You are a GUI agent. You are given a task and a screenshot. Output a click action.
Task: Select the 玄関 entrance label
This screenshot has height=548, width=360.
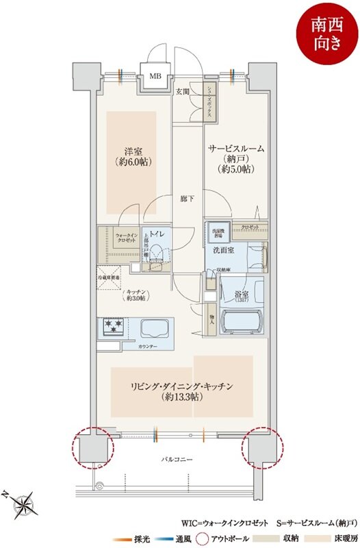coord(182,91)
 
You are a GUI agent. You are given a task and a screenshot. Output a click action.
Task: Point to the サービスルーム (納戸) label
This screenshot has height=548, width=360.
coord(235,158)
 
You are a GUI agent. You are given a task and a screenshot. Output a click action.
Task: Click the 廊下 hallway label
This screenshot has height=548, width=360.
coord(187,199)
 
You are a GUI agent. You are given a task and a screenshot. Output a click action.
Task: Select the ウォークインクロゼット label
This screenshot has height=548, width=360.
coord(127,238)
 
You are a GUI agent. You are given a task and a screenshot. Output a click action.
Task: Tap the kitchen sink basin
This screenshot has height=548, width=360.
coord(159,328)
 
